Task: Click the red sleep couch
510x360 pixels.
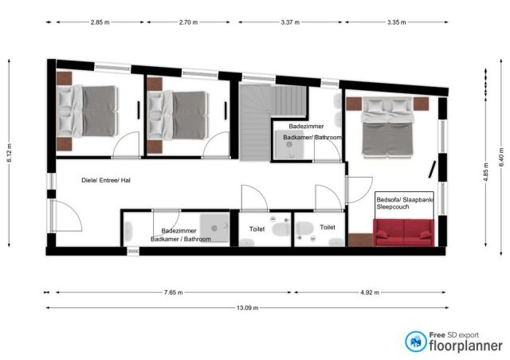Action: point(404,233)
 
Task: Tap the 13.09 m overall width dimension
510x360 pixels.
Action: point(248,307)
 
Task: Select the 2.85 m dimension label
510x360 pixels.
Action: point(100,22)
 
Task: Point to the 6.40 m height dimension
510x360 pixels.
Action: point(501,158)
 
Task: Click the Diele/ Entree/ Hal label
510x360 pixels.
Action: point(106,180)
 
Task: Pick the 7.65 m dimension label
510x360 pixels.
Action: point(173,292)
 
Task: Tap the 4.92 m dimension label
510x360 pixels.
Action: point(370,292)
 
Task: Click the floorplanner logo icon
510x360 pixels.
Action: point(416,342)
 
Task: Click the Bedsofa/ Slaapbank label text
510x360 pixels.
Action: point(405,200)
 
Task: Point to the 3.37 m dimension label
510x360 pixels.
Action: point(290,22)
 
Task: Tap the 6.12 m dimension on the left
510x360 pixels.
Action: point(9,153)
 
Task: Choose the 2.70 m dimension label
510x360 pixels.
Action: point(188,22)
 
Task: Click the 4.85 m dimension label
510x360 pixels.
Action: point(487,173)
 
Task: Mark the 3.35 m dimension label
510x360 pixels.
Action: point(397,22)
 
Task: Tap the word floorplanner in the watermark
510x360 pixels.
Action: point(465,346)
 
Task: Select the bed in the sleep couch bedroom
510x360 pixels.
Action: point(387,127)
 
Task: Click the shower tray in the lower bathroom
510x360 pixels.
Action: point(214,228)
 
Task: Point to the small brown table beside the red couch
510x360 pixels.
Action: point(360,240)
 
